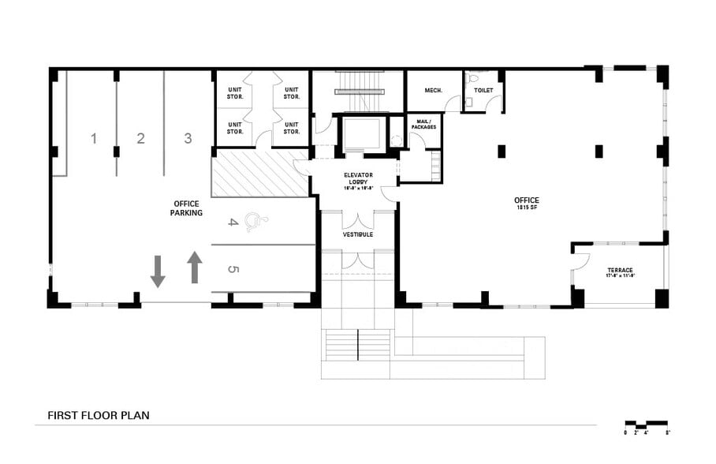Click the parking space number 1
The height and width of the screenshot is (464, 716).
tap(93, 139)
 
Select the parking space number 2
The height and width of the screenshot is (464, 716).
tap(140, 139)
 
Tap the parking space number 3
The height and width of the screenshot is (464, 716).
tap(188, 138)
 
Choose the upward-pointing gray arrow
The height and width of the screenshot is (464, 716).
tap(195, 268)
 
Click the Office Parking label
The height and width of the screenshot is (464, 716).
tap(187, 208)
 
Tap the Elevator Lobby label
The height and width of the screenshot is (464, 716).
tap(358, 181)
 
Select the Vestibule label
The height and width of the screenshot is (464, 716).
tap(357, 234)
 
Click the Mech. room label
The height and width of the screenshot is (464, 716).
tap(433, 91)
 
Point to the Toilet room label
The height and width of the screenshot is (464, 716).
tap(483, 91)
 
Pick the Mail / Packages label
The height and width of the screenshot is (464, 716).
tap(423, 124)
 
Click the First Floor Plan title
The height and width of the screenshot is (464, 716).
tap(99, 415)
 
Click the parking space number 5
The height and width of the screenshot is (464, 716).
tap(233, 269)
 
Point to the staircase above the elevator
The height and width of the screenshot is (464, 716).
tap(359, 92)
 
